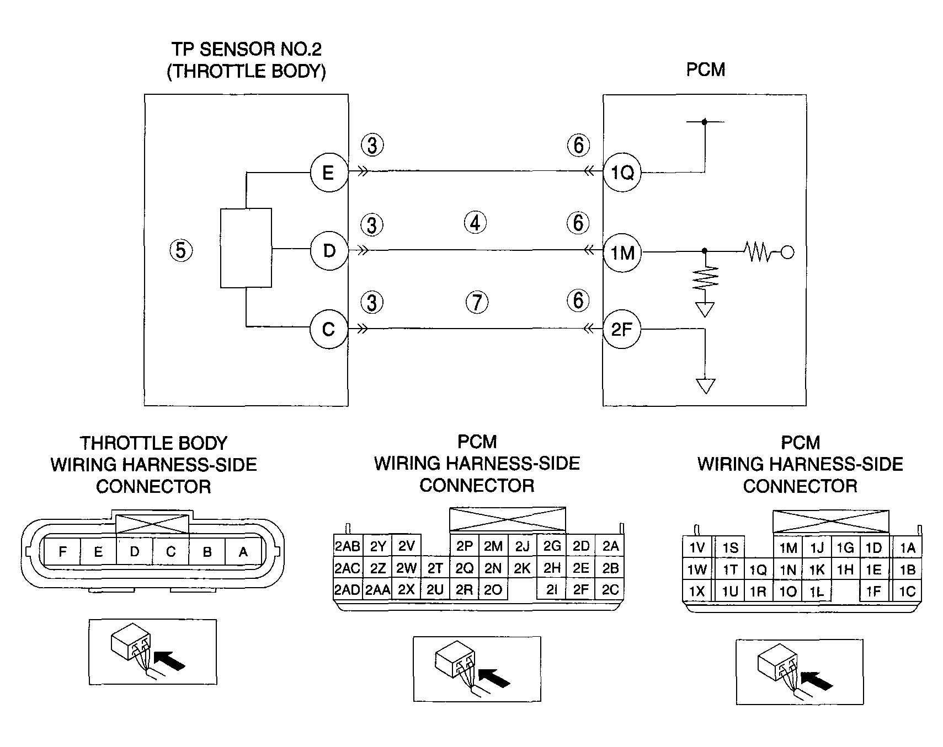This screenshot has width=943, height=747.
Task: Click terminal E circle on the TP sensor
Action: click(329, 173)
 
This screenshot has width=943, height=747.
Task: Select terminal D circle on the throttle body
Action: click(329, 251)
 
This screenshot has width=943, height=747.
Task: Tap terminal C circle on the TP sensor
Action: click(329, 329)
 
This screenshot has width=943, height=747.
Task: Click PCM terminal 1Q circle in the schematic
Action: click(622, 173)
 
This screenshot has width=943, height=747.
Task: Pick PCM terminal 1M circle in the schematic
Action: click(622, 252)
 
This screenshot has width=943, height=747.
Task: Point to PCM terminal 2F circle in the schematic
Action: click(622, 330)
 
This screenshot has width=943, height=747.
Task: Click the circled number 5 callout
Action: click(181, 251)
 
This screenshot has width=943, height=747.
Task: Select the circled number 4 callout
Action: click(476, 223)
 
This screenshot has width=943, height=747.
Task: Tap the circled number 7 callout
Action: click(477, 302)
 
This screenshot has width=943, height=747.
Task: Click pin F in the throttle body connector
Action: click(62, 551)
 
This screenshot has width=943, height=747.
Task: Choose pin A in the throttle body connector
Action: click(243, 551)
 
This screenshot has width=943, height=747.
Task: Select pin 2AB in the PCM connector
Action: click(348, 546)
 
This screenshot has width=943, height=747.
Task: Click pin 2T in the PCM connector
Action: click(435, 568)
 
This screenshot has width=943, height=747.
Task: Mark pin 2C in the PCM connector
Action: click(610, 589)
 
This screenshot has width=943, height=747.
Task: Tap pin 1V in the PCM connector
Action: click(697, 547)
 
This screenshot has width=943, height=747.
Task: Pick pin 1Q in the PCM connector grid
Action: click(759, 570)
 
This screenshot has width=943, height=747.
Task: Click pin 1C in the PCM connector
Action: click(907, 592)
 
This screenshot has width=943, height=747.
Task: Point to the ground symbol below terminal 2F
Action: click(705, 386)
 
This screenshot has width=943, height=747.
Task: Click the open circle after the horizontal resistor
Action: click(788, 252)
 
